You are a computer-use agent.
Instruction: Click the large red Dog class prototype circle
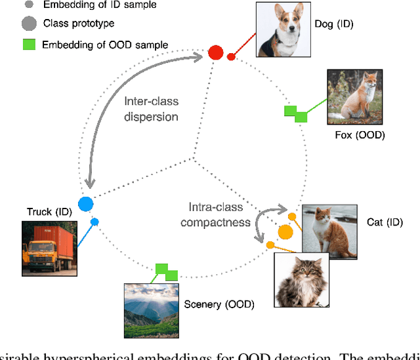tap(215, 52)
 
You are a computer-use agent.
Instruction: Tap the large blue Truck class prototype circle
tap(85, 204)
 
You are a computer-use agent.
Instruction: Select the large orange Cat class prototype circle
tap(285, 231)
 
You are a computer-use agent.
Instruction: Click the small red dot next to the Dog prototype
tap(231, 57)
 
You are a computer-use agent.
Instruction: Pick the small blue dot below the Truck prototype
tap(94, 222)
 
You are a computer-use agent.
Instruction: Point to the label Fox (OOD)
tap(360, 136)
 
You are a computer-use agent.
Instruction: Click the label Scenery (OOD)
tap(219, 304)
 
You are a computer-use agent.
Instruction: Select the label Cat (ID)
tap(384, 222)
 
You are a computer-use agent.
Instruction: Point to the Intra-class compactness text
tap(212, 214)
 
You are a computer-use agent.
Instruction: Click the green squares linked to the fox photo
tap(295, 114)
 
